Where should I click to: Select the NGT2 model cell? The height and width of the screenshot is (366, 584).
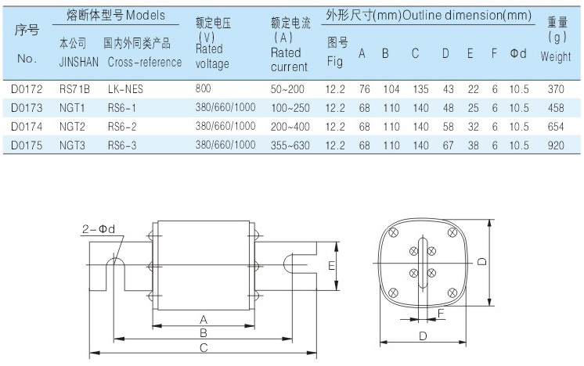tap(72, 125)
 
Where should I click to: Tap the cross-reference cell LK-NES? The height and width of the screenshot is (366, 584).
tap(126, 89)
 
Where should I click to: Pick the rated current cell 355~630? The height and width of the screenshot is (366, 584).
tap(288, 144)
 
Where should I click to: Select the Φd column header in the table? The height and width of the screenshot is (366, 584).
tap(518, 53)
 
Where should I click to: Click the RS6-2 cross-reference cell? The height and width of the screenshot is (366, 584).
tap(123, 125)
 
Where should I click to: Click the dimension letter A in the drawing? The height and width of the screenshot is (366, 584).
tap(204, 319)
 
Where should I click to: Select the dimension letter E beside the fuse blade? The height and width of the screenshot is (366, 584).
tap(331, 266)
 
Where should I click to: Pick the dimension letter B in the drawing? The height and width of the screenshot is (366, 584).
tap(204, 333)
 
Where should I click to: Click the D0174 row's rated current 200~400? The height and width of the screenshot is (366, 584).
tap(288, 125)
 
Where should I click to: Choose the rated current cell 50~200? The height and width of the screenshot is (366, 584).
tap(287, 89)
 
